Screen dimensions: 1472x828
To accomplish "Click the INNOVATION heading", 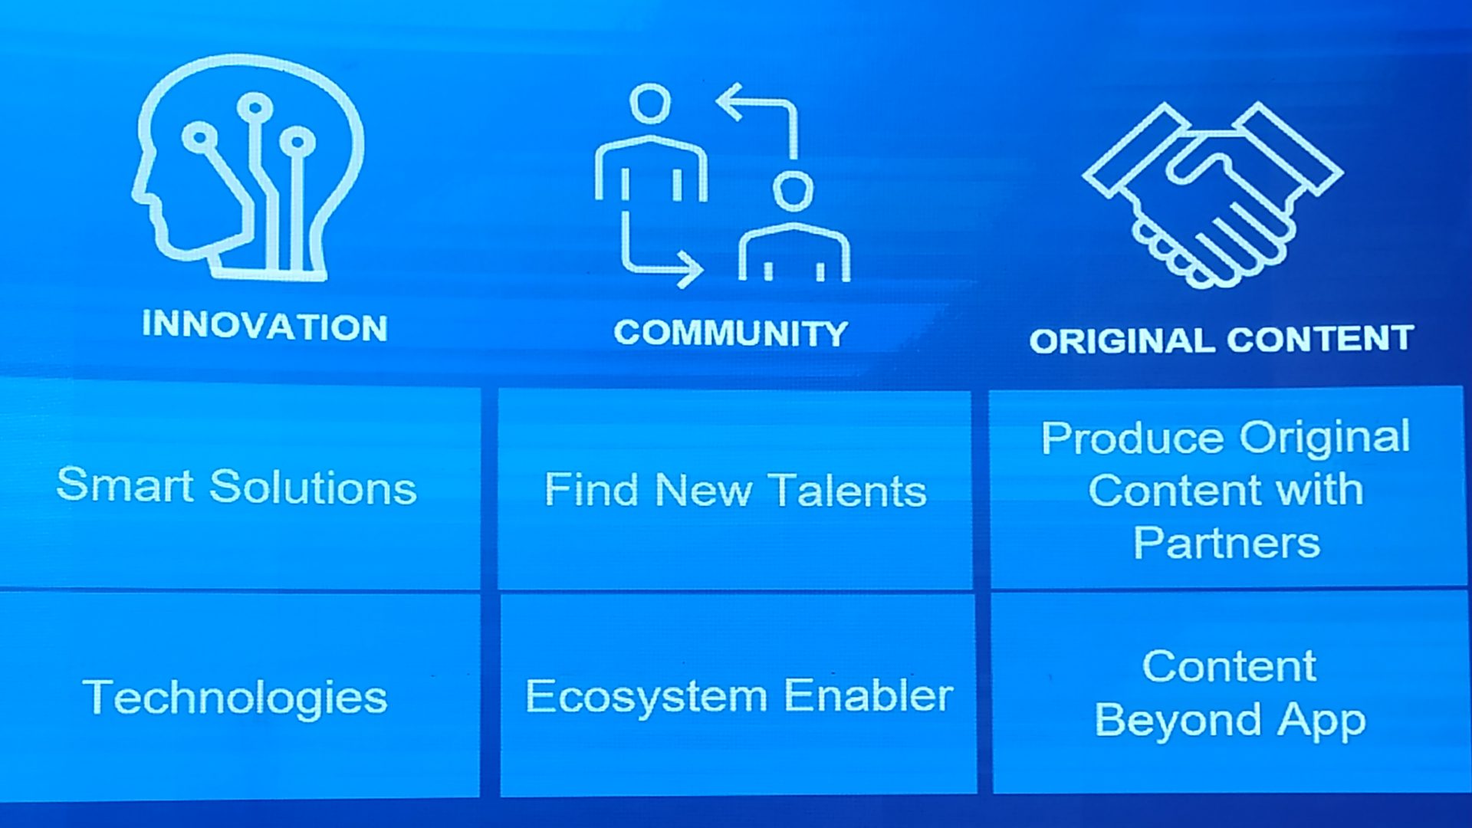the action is [x=264, y=326].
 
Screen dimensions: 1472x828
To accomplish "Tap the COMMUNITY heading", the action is [x=731, y=333].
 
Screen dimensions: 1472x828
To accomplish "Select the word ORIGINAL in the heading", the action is [x=1123, y=341].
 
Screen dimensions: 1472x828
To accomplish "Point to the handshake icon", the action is [x=1212, y=195].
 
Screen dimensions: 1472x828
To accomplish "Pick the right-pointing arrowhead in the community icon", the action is [x=690, y=269].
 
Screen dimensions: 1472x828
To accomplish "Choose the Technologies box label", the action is [x=235, y=698].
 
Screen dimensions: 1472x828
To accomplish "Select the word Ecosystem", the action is [x=646, y=696].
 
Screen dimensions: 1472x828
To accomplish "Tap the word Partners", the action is [x=1227, y=543].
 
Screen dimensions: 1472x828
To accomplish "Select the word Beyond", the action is [x=1178, y=721].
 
